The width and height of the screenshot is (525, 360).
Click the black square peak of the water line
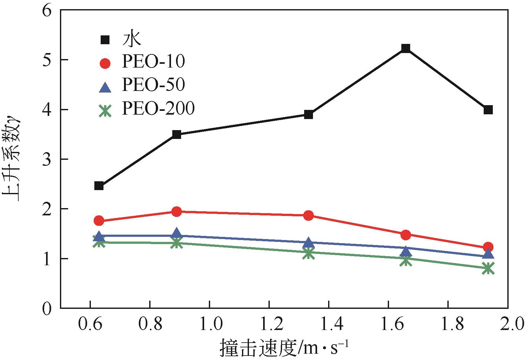tap(405, 48)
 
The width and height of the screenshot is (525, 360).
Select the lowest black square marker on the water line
tap(99, 186)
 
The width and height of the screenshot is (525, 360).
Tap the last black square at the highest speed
tap(488, 110)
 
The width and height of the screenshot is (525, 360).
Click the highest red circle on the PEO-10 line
tap(177, 212)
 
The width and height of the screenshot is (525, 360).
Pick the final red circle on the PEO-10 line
tap(488, 247)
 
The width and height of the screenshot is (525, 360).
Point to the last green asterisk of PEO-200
tap(488, 269)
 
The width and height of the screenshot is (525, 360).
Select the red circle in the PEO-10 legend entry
tap(105, 63)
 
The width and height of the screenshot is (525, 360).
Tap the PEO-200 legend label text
tap(158, 109)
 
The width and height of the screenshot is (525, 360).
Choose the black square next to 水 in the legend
tap(105, 40)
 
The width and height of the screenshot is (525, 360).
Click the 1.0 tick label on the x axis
tap(209, 325)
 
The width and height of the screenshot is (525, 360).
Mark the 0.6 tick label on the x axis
tap(90, 325)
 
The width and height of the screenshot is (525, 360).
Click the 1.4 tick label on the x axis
tap(329, 325)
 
